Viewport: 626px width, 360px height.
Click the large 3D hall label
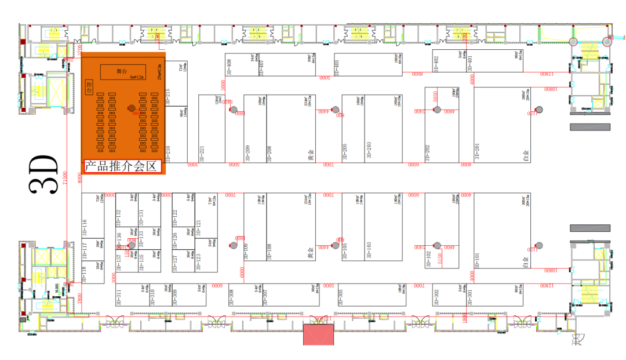[45, 175]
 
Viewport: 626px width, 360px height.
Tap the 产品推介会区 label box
[122, 167]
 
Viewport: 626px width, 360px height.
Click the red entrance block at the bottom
[319, 334]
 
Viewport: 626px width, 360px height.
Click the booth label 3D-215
[168, 96]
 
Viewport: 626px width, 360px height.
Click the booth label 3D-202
[428, 152]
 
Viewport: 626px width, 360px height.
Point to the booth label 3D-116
[85, 228]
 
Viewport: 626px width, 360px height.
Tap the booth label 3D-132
[118, 217]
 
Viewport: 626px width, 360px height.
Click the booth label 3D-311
[119, 296]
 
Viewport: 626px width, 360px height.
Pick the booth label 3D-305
[341, 296]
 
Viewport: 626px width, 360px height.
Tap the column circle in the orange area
[132, 108]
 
